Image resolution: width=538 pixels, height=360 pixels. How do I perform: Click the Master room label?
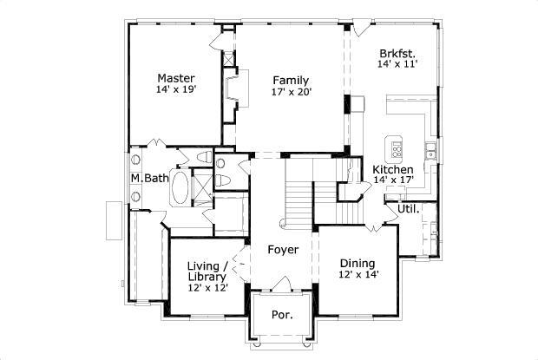pyautogui.click(x=175, y=77)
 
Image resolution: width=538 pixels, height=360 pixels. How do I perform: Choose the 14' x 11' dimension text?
pyautogui.click(x=397, y=64)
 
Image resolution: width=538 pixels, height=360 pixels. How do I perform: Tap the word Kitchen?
pyautogui.click(x=392, y=169)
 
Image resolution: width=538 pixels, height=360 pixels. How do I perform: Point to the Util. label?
pyautogui.click(x=409, y=209)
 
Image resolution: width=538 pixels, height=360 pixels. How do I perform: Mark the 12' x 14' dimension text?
pyautogui.click(x=357, y=275)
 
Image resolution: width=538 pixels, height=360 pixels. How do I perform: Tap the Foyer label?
pyautogui.click(x=282, y=250)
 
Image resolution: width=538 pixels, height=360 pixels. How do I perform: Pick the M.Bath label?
pyautogui.click(x=148, y=179)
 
